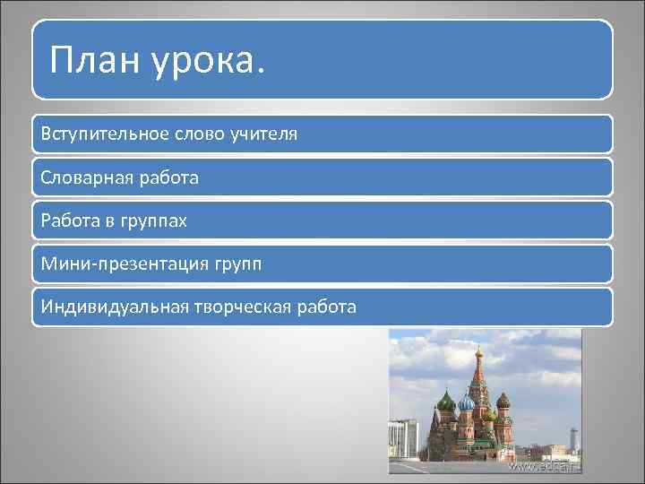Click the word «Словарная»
coord(85,177)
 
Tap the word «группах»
coord(154,220)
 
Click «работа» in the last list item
coord(327,307)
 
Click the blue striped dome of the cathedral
coord(467,402)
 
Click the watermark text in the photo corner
coord(545,466)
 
